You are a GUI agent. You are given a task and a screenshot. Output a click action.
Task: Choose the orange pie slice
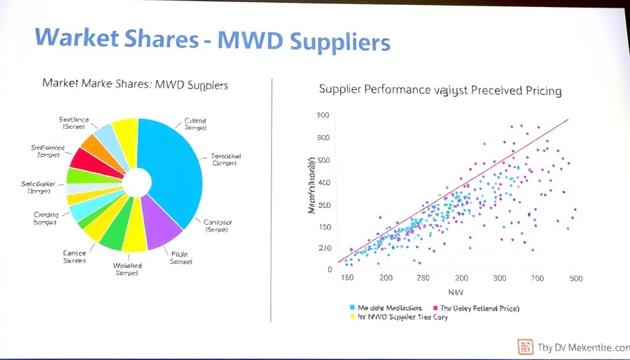[x=94, y=146]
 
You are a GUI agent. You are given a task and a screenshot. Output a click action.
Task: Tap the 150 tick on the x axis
[x=347, y=278]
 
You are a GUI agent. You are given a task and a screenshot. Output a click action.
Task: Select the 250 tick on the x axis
[x=423, y=278]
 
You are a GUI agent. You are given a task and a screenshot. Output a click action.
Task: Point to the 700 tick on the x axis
[x=537, y=278]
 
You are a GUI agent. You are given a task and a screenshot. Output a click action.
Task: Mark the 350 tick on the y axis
[x=324, y=205]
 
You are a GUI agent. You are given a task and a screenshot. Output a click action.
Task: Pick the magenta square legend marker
[x=435, y=308]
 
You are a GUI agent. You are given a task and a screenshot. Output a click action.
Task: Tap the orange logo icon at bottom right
[x=525, y=346]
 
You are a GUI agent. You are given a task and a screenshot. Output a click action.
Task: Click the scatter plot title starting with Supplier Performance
[x=439, y=90]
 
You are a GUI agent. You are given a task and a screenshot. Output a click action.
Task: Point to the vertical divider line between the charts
[x=271, y=200]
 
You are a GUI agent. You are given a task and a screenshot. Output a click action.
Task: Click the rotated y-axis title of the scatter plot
[x=311, y=186]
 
